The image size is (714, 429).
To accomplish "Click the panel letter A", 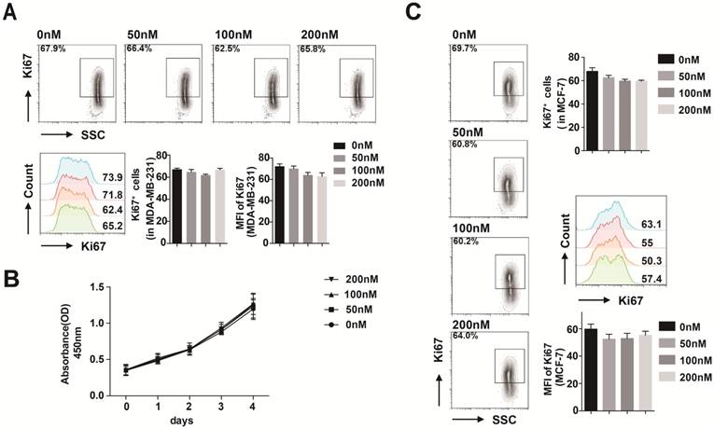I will click(x=13, y=13).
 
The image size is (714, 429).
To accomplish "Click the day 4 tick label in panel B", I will click(x=252, y=408).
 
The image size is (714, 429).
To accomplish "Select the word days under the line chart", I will click(x=189, y=421).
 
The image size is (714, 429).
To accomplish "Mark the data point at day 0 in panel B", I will click(x=126, y=370).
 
